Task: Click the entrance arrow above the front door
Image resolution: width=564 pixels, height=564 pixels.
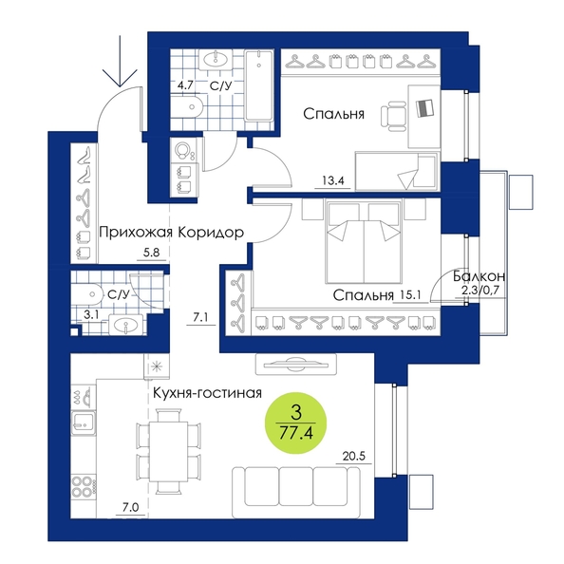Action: tap(120, 61)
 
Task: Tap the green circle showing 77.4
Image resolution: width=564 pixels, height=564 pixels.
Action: tap(295, 423)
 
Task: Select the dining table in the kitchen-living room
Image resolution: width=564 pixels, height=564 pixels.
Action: tap(169, 451)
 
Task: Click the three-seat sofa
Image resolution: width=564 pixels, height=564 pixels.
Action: tap(296, 493)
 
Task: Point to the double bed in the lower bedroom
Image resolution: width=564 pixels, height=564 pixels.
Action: tap(364, 242)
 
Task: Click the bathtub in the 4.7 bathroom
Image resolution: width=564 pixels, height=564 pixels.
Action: tap(258, 85)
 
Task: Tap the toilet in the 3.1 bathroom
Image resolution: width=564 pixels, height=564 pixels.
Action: tap(87, 294)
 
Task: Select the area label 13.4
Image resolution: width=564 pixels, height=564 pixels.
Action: tap(333, 180)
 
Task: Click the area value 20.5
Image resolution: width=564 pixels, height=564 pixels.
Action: tap(353, 456)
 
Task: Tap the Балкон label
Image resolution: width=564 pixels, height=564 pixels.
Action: tap(479, 276)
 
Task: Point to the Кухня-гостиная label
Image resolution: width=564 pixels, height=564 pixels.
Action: tap(207, 393)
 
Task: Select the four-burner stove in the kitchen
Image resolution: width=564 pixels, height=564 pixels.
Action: tap(84, 486)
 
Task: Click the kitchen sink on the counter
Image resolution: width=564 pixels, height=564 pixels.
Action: tap(84, 423)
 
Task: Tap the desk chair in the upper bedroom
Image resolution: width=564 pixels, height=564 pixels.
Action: tap(393, 116)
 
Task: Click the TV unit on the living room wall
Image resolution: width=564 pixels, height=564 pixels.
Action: tap(295, 364)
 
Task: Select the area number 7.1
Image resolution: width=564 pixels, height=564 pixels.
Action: tap(200, 317)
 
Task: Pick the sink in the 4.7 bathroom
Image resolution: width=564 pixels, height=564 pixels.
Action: tap(216, 59)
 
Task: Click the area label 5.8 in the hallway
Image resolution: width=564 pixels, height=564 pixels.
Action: tap(151, 253)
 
